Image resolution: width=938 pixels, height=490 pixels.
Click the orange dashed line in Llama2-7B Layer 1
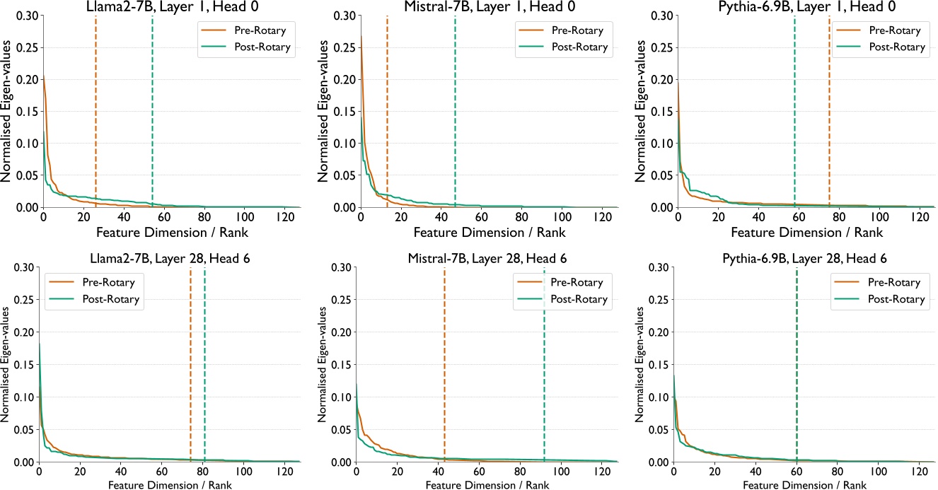(x=95, y=106)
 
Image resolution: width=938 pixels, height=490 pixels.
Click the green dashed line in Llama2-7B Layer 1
(x=152, y=106)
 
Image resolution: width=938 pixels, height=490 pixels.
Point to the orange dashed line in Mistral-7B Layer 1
(x=387, y=106)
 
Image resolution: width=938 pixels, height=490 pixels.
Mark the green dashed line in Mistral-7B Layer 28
(x=544, y=368)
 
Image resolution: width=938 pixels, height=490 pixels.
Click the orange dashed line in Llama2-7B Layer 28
(x=190, y=368)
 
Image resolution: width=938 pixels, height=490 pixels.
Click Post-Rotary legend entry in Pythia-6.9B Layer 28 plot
(x=896, y=299)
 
